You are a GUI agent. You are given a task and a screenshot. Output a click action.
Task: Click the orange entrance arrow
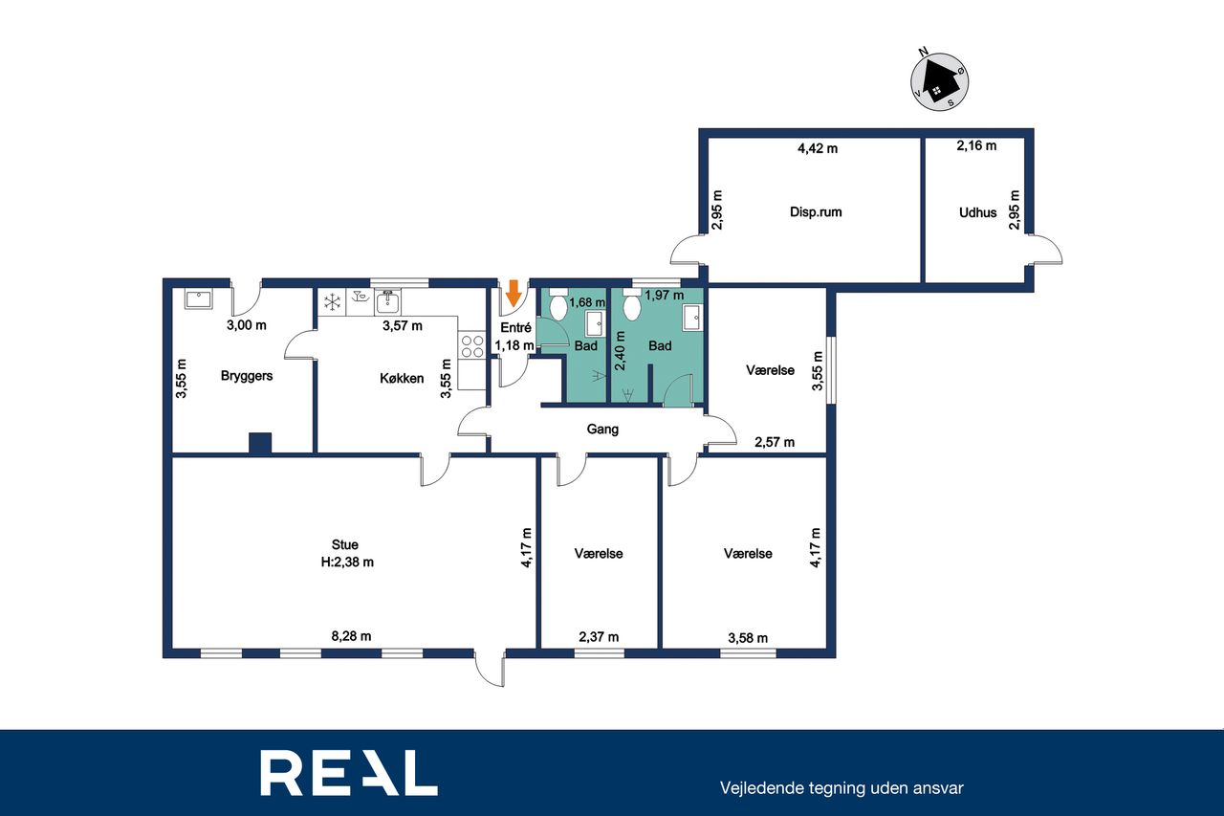[514, 293]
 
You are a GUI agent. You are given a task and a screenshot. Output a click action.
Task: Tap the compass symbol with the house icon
[939, 82]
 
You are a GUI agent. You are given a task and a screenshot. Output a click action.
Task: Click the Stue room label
[345, 544]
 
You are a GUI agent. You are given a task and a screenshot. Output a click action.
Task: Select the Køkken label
[402, 378]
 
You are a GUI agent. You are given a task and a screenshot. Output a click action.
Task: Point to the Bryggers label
[247, 376]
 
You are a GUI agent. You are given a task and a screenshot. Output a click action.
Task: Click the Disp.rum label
[816, 211]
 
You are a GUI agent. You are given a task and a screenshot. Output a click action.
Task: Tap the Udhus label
[977, 212]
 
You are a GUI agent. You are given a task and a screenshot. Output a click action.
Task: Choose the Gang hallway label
[602, 429]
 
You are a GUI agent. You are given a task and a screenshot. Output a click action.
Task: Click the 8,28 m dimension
[351, 636]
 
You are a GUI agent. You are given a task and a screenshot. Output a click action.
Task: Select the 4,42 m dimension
[818, 148]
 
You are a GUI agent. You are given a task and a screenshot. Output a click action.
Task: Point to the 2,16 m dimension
[976, 145]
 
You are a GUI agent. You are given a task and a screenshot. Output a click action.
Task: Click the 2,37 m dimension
[599, 637]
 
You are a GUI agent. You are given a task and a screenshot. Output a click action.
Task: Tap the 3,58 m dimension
[748, 638]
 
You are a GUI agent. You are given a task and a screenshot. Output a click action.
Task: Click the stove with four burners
[472, 345]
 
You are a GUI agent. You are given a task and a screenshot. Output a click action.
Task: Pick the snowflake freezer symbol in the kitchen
[332, 302]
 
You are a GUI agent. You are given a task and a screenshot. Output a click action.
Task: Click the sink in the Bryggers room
[198, 299]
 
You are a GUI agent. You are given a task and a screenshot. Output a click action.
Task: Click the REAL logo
[349, 772]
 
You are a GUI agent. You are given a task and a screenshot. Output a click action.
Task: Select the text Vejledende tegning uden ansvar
[841, 788]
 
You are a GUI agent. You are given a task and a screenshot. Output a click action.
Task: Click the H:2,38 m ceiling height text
[347, 562]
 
